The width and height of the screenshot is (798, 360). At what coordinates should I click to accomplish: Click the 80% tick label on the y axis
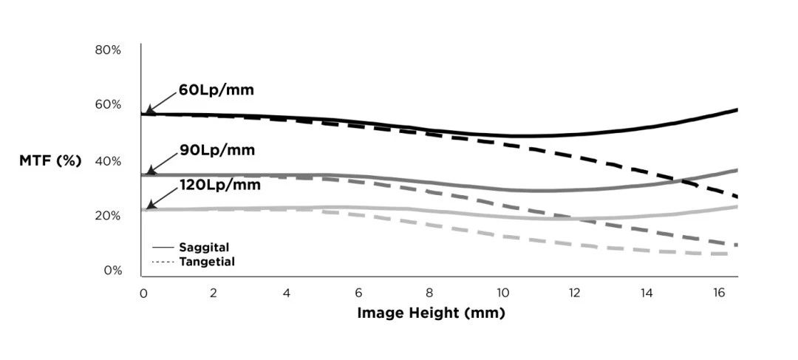pos(108,50)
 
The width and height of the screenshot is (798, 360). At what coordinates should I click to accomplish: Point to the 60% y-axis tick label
pos(108,104)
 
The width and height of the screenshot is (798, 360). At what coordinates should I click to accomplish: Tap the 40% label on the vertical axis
pos(108,160)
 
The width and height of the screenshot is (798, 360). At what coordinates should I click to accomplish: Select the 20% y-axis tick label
pos(108,216)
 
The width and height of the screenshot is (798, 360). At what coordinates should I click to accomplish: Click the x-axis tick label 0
pos(143,293)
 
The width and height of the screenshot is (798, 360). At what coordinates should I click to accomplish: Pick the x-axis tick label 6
pos(358,293)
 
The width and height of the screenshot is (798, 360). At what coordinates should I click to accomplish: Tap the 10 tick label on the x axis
pos(502,293)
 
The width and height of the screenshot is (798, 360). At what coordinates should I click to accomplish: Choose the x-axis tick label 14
pos(647,293)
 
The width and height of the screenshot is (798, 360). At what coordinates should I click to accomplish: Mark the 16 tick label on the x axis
pos(718,293)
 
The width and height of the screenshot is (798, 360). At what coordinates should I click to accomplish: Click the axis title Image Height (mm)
pos(431,313)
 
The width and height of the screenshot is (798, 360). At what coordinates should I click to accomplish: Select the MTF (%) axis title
pos(50,160)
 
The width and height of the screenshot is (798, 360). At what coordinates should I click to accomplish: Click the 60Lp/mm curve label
pos(216,91)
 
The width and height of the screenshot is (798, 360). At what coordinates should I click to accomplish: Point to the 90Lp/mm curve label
pos(216,150)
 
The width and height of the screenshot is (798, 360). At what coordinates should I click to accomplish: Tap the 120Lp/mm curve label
pos(219,184)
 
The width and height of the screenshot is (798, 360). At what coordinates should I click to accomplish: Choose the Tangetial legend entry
pos(206,262)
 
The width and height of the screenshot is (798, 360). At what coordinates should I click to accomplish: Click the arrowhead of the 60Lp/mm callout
pos(149,111)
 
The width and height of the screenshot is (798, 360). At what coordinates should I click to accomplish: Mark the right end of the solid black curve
pos(737,109)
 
